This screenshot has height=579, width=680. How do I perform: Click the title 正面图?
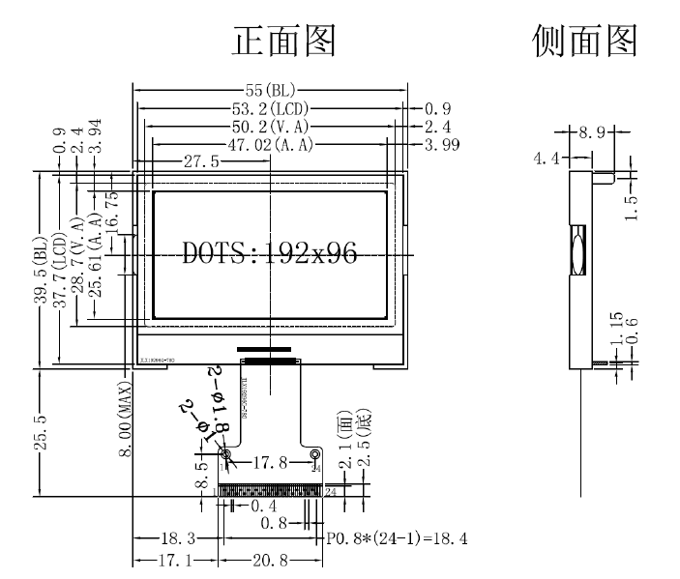(284, 40)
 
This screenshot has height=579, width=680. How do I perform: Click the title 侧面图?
(585, 40)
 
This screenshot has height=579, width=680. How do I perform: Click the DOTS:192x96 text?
(270, 254)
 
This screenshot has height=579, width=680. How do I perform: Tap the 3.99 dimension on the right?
(441, 146)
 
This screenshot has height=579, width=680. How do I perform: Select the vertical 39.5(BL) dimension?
(40, 272)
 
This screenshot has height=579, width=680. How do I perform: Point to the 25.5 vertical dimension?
(40, 432)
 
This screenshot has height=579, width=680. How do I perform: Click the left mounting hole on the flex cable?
(226, 453)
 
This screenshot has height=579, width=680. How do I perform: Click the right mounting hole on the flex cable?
(315, 453)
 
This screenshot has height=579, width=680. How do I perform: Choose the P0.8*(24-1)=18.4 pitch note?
(397, 538)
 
